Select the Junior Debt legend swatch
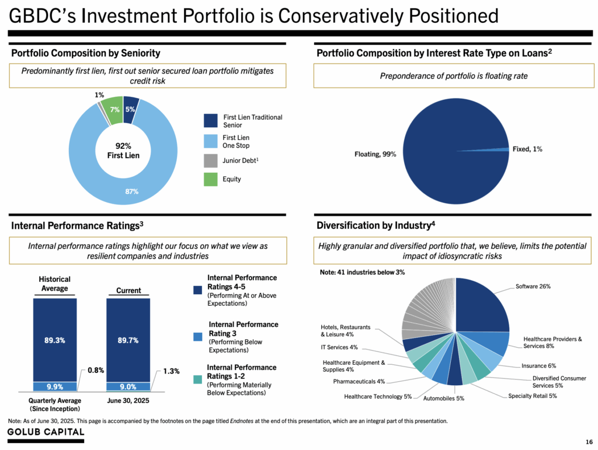coord(211,161)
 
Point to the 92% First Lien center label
coord(123,151)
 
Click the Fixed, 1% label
coord(527,149)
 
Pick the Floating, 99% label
coord(376,154)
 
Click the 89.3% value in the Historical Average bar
coord(54,340)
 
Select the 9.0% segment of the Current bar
coord(127,386)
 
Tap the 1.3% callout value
coord(171,371)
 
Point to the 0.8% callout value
coord(96,369)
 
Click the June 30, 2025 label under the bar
coord(128,400)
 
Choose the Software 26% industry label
coord(533,287)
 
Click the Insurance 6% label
coord(538,366)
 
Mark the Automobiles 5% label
coord(444,399)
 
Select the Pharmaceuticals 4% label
coord(359,382)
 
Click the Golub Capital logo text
coord(46,432)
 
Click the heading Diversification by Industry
coord(376,225)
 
